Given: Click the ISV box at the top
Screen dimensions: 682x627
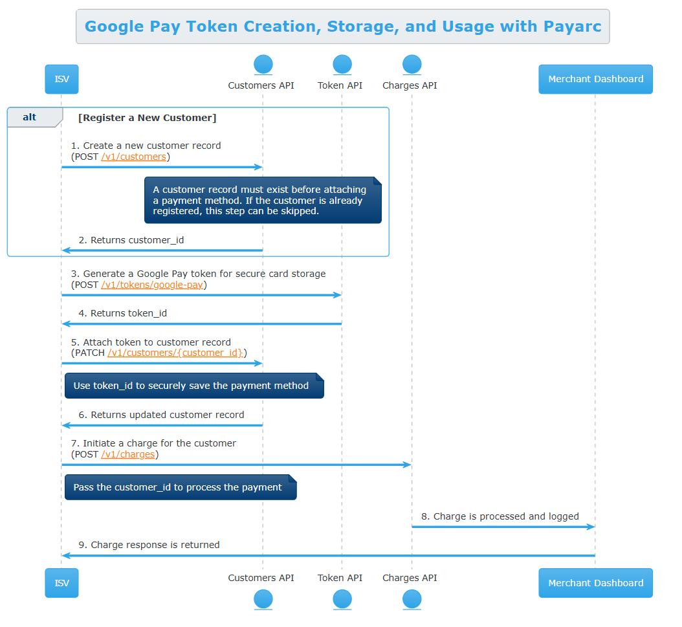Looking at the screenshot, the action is coord(61,79).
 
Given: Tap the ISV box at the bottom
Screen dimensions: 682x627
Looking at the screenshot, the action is coord(61,582).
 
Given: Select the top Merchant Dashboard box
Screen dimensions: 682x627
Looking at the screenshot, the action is coord(595,79).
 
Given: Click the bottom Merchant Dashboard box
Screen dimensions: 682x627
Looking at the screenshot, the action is coord(595,582).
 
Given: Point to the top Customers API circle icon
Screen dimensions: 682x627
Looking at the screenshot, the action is coord(263,64).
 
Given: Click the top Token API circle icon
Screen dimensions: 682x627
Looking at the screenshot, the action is coord(342,64).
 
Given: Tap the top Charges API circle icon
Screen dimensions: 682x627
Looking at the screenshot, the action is coord(412,64).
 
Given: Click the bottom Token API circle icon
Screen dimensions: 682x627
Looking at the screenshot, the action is coord(342,599).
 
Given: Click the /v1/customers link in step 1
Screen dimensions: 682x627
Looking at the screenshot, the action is coord(133,157).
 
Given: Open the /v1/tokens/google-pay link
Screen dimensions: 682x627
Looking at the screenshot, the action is coord(152,285).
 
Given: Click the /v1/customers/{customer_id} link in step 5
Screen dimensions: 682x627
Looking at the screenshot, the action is coord(175,353).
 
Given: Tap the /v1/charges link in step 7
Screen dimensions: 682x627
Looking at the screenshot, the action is coord(128,454).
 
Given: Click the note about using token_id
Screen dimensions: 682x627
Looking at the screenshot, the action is coord(194,386).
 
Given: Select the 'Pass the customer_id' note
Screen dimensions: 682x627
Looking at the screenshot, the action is coord(181,487).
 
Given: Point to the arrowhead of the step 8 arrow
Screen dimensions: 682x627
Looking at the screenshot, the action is coord(594,527).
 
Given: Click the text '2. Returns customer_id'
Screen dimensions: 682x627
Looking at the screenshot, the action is coord(131,240).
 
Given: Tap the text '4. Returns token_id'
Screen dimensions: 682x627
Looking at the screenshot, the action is coord(123,313).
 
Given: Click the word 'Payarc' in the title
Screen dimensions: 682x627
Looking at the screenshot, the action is coord(573,27).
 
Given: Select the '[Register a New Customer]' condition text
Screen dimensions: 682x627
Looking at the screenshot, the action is coord(147,118).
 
